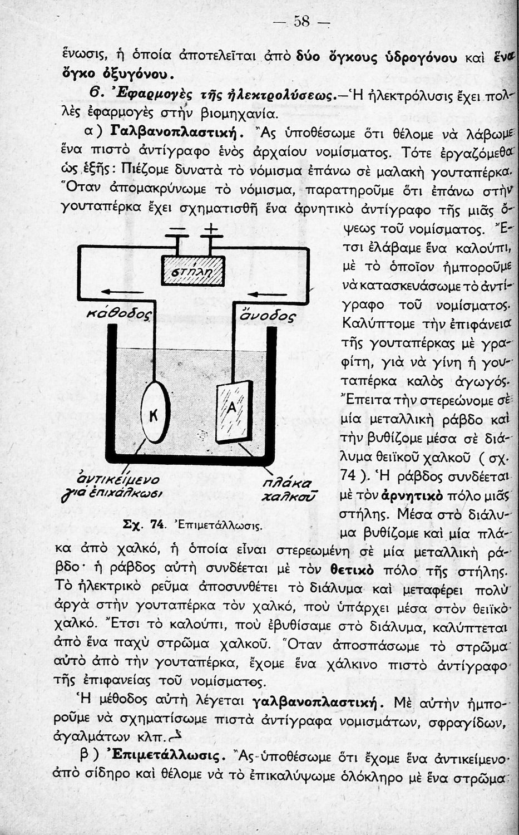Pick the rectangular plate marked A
pos(233,411)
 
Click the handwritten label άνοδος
pos(266,316)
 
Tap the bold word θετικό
pos(350,569)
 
